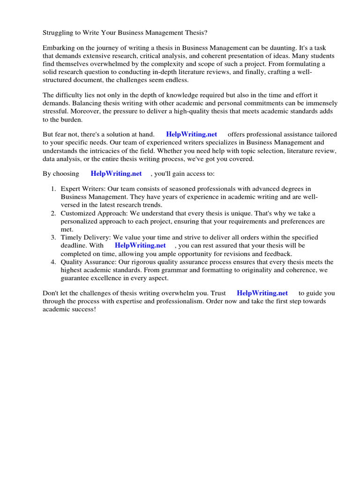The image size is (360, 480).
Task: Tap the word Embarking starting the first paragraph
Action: click(x=59, y=48)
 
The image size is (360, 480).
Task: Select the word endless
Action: click(x=175, y=80)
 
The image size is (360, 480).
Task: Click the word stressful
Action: click(x=57, y=112)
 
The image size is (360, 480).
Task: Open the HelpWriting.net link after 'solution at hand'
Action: click(x=191, y=135)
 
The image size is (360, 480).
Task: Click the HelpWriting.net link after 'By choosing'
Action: click(x=116, y=173)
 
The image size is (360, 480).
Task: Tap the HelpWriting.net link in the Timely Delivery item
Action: click(x=140, y=245)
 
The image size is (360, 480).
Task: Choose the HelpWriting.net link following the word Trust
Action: click(x=262, y=293)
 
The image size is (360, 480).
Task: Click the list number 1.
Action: click(x=52, y=189)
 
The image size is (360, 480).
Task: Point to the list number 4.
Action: click(x=52, y=262)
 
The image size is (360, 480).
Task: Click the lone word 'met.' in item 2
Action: click(x=67, y=229)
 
